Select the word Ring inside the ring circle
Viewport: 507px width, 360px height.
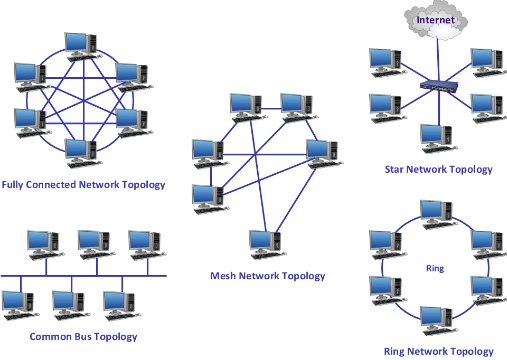[x=434, y=268]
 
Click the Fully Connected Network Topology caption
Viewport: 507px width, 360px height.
[x=83, y=185]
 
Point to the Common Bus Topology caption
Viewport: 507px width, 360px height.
[x=84, y=336]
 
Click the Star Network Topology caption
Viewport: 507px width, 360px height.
[x=438, y=170]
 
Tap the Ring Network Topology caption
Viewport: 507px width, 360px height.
[x=439, y=351]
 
